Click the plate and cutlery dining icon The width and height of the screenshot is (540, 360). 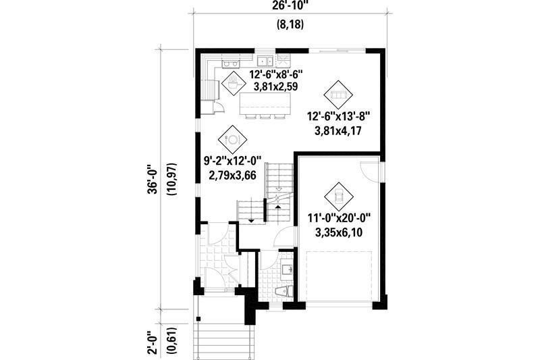click(x=232, y=139)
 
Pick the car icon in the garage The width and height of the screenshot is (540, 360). click(x=335, y=196)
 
